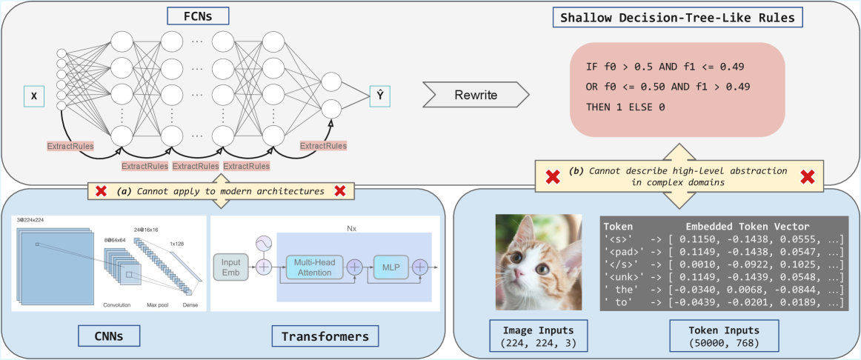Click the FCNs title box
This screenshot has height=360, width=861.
190,16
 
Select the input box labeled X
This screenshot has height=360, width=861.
33,95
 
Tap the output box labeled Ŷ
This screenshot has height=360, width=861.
379,95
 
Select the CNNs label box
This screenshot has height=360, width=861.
108,336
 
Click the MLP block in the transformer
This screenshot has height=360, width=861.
390,266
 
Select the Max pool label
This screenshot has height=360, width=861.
156,304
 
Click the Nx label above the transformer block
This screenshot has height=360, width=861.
353,229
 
